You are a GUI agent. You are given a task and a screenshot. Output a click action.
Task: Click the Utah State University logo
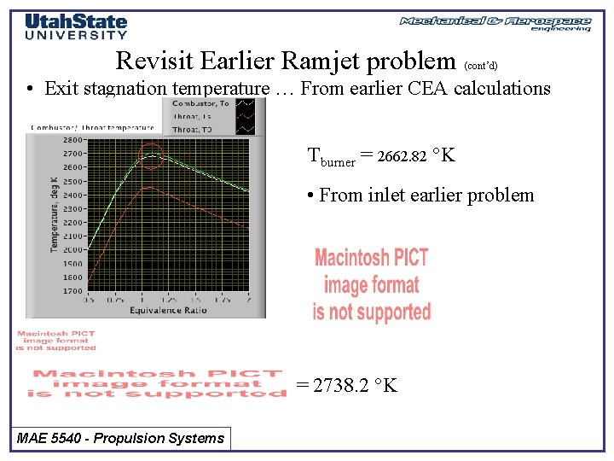tap(76, 26)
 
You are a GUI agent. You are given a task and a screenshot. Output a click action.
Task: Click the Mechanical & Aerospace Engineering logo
tap(495, 23)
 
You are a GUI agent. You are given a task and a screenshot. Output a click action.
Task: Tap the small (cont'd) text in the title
tap(481, 64)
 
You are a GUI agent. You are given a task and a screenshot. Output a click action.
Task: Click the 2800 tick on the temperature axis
tap(72, 139)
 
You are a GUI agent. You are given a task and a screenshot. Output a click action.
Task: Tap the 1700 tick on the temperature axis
tap(72, 291)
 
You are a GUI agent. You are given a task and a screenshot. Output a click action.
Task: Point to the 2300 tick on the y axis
tap(72, 208)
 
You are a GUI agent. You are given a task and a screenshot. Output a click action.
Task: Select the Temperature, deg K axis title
tap(53, 213)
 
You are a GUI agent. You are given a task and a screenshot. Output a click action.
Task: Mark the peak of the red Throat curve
tap(148, 187)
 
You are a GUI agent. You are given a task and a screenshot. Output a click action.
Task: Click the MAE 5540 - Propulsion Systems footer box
tap(121, 439)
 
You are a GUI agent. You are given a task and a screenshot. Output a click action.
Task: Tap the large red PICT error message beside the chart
tap(372, 285)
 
